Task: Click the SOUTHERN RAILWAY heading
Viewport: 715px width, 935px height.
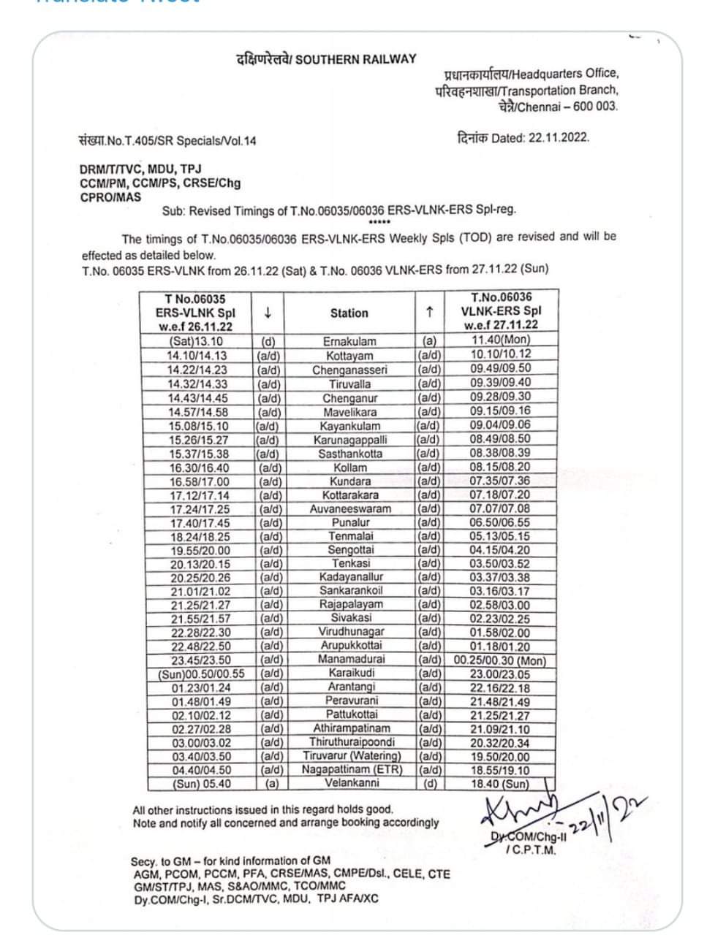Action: click(x=326, y=59)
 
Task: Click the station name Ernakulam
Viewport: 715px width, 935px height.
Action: click(x=349, y=341)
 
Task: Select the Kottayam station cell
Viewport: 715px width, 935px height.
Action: click(x=349, y=356)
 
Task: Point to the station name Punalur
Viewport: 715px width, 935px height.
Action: click(x=349, y=522)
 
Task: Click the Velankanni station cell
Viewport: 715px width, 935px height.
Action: click(x=352, y=783)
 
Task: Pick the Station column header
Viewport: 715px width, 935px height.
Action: click(x=349, y=313)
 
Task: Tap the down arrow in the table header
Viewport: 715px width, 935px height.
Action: click(x=268, y=313)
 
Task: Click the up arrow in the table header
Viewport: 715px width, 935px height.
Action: click(x=430, y=312)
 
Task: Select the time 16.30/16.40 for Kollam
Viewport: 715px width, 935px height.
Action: click(x=199, y=467)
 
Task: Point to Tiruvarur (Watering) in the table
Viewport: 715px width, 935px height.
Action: click(x=352, y=755)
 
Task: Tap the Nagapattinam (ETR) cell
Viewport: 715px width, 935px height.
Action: click(x=352, y=769)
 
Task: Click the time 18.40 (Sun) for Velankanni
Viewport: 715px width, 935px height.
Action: click(x=500, y=784)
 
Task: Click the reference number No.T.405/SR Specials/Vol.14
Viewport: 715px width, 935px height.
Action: click(x=168, y=140)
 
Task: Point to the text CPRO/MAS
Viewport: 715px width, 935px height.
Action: click(x=111, y=196)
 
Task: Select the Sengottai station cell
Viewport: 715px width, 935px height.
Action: click(x=350, y=549)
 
